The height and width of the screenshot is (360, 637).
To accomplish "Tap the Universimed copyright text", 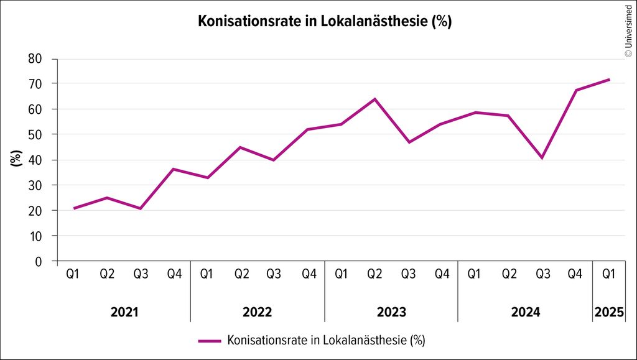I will pyautogui.click(x=628, y=30).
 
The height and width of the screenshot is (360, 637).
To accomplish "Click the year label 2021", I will pyautogui.click(x=124, y=312).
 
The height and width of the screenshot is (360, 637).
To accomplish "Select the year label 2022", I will pyautogui.click(x=258, y=312).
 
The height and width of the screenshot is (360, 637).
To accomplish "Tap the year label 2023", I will pyautogui.click(x=391, y=312).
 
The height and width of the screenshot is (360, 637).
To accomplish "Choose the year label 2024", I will pyautogui.click(x=525, y=312).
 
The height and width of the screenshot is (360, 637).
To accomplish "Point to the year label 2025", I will pyautogui.click(x=608, y=312).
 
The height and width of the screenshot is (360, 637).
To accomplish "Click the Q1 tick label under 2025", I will pyautogui.click(x=608, y=274).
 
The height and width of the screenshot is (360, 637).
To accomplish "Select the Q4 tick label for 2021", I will pyautogui.click(x=174, y=274).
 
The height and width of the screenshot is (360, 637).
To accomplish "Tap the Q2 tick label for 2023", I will pyautogui.click(x=374, y=274).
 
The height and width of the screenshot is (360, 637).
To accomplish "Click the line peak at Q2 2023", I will pyautogui.click(x=374, y=99).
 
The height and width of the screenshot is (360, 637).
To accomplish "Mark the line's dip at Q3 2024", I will pyautogui.click(x=542, y=157).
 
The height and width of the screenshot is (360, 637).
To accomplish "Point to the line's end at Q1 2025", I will pyautogui.click(x=609, y=80).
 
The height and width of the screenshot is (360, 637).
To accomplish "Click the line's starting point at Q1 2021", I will pyautogui.click(x=74, y=208).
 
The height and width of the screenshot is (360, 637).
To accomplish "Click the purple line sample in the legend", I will pyautogui.click(x=210, y=341).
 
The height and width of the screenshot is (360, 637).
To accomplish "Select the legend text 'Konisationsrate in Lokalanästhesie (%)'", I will pyautogui.click(x=327, y=341).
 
